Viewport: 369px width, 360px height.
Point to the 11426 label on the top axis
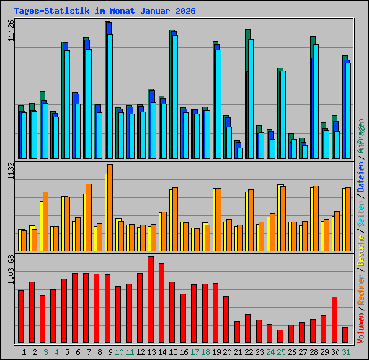(10, 32)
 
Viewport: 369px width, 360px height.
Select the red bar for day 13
(151, 300)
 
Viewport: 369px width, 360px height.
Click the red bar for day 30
(334, 320)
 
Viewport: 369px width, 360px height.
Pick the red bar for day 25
(280, 336)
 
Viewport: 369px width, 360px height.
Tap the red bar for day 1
(21, 316)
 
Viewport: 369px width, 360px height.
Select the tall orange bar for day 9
(110, 207)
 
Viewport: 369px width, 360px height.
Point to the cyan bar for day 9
(110, 96)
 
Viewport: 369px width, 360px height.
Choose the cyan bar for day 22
(251, 99)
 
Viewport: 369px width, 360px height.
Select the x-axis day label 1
(25, 352)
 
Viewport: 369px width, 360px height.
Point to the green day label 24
(270, 352)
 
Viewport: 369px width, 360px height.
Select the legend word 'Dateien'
(362, 178)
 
